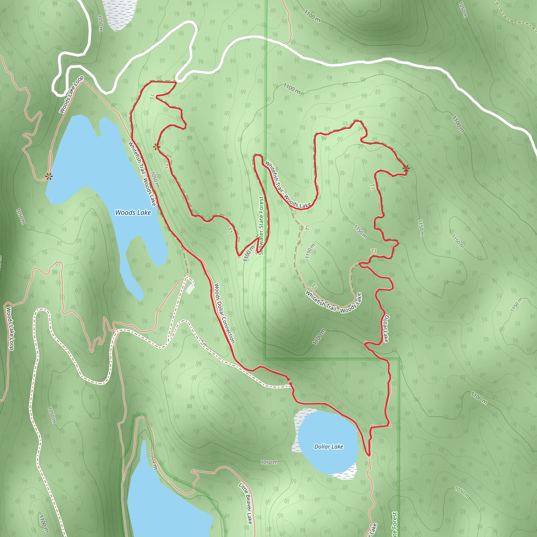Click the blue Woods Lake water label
pyautogui.click(x=133, y=213)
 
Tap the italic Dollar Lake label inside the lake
pyautogui.click(x=329, y=446)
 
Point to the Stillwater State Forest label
pyautogui.click(x=261, y=225)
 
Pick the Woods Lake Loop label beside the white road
pyautogui.click(x=71, y=94)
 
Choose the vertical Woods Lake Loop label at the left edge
pyautogui.click(x=10, y=328)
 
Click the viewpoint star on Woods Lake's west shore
pyautogui.click(x=49, y=176)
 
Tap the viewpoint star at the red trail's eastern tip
pyautogui.click(x=406, y=168)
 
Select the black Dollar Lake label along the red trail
pyautogui.click(x=386, y=328)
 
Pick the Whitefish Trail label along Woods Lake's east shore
pyautogui.click(x=142, y=174)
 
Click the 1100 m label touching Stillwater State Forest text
pyautogui.click(x=249, y=254)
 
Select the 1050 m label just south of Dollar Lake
pyautogui.click(x=269, y=463)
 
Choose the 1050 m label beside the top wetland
pyautogui.click(x=100, y=23)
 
